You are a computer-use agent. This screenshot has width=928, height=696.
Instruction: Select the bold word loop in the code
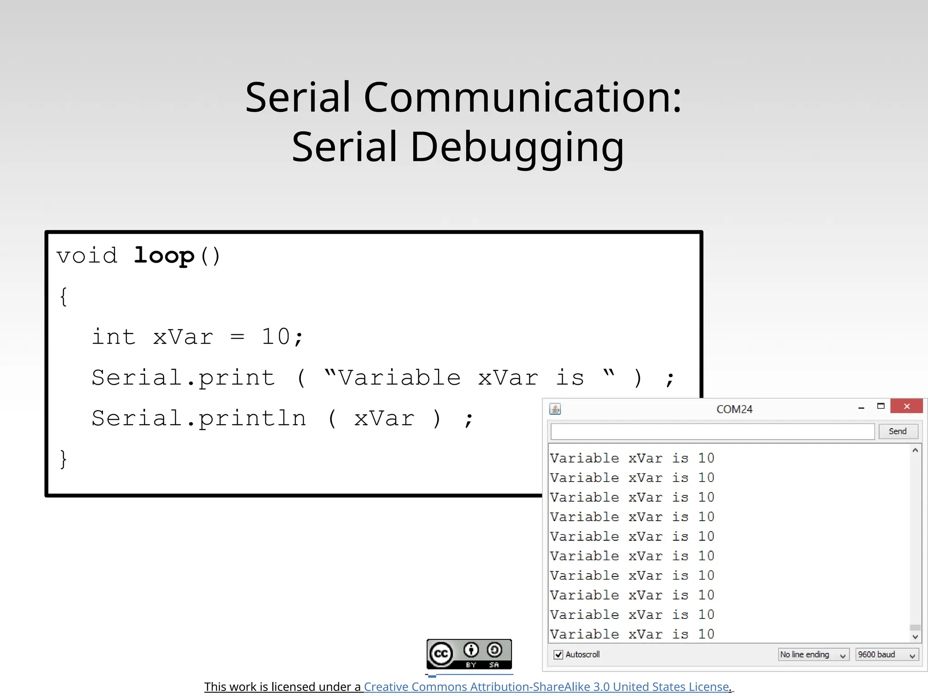(164, 256)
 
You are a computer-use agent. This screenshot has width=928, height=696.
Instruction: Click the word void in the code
(87, 256)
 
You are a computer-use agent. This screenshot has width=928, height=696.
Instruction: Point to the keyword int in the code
(114, 337)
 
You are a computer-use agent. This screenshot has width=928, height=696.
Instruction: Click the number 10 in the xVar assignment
(275, 337)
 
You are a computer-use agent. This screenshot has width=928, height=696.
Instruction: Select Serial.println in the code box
(199, 418)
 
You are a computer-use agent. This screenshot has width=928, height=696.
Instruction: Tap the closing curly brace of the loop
(63, 459)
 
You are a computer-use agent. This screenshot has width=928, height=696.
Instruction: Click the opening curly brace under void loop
(63, 297)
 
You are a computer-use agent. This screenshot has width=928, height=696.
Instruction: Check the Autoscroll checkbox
(559, 655)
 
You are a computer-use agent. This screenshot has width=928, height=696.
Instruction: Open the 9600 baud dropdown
(887, 655)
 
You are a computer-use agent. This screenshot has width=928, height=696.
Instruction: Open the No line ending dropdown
(813, 655)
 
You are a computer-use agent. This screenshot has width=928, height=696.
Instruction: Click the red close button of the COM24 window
(906, 406)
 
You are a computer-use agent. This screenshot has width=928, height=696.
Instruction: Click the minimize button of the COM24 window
(861, 407)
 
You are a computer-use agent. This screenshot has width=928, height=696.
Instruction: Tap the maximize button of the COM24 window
(881, 406)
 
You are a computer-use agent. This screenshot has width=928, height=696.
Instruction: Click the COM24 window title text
(734, 409)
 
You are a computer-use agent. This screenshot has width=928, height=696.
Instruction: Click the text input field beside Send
(712, 431)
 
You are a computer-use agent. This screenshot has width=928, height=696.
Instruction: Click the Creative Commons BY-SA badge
(469, 654)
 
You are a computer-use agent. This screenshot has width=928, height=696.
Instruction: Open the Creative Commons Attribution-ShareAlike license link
(547, 687)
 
